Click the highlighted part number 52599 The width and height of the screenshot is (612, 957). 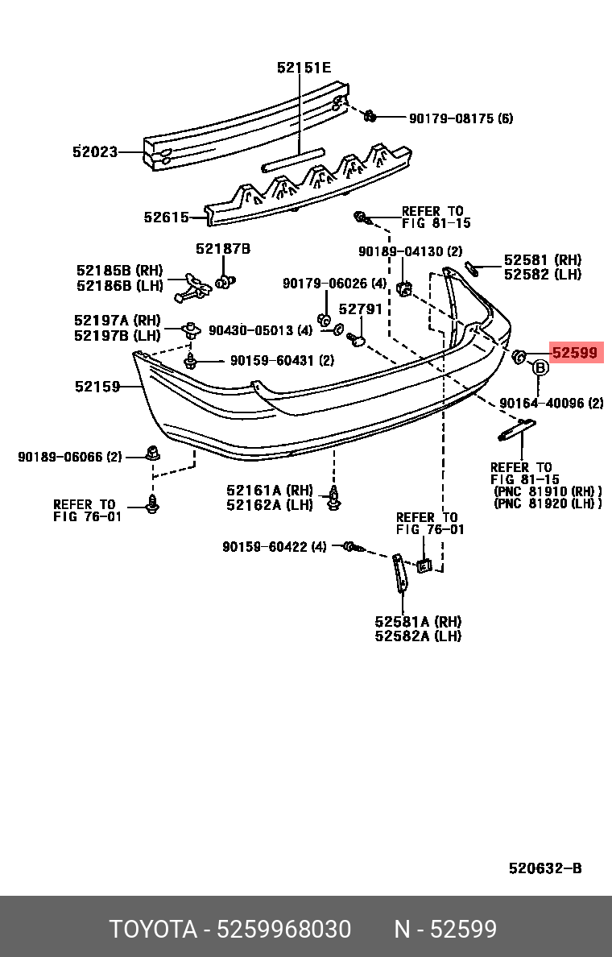click(576, 352)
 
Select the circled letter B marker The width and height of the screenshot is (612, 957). click(540, 367)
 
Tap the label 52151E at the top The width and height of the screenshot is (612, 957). click(304, 68)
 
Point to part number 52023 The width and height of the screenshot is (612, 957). click(94, 151)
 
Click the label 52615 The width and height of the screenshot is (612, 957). click(166, 217)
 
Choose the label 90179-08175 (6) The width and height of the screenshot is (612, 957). click(460, 118)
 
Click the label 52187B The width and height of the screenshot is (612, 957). click(222, 249)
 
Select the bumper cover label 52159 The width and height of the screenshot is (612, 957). click(97, 387)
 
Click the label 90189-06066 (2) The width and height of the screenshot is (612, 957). click(70, 457)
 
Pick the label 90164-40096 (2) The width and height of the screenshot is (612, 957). click(551, 403)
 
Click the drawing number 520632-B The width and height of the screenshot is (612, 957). click(544, 868)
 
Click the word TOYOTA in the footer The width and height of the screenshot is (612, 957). click(153, 930)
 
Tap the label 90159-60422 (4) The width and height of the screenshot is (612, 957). click(275, 547)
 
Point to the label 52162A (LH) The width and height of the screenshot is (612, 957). click(270, 504)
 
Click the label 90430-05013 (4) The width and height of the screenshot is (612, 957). click(260, 330)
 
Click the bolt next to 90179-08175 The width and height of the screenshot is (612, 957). click(370, 116)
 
